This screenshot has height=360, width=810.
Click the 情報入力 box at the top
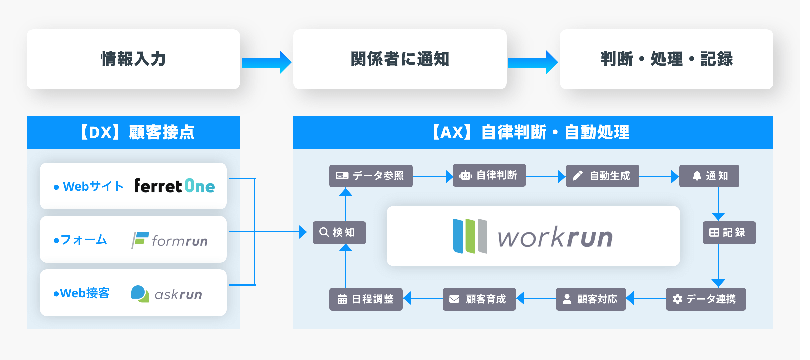click(133, 59)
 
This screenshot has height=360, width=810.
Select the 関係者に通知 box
click(400, 59)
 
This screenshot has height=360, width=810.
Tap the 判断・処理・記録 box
click(666, 59)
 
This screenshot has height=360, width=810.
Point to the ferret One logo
click(174, 186)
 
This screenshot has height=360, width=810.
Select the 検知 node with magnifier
click(339, 232)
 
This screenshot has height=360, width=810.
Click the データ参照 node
click(371, 176)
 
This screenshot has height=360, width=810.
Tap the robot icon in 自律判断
click(465, 175)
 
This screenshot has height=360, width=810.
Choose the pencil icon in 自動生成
click(578, 176)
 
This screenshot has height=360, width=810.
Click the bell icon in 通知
click(697, 176)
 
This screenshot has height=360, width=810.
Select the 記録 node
click(729, 232)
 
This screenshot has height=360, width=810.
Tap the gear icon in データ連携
click(677, 299)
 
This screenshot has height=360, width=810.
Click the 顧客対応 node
click(591, 299)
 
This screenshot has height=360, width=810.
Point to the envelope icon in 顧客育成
click(454, 299)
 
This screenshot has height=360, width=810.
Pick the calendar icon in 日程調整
click(342, 299)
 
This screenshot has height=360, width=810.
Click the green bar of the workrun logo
click(470, 236)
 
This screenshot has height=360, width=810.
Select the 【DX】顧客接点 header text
click(137, 132)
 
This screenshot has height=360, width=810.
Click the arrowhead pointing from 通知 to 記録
click(718, 217)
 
